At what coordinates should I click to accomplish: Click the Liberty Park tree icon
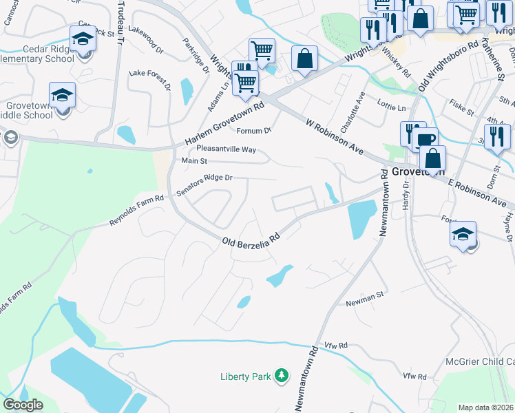[281, 376]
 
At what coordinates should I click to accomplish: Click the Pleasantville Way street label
[226, 149]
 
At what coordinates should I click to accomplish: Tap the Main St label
[193, 161]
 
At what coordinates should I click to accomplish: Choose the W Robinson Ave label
[335, 136]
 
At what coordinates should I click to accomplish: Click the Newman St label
[364, 298]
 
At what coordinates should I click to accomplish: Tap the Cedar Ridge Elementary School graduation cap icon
[83, 39]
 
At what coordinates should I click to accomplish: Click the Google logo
[23, 404]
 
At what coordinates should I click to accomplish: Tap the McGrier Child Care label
[481, 361]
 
